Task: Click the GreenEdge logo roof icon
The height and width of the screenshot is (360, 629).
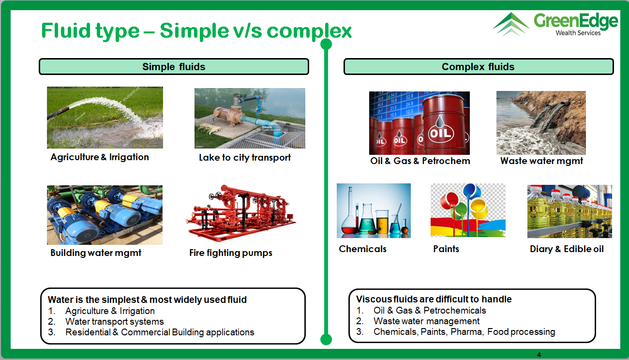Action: pyautogui.click(x=511, y=24)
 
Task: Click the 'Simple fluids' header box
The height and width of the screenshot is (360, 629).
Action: pyautogui.click(x=174, y=67)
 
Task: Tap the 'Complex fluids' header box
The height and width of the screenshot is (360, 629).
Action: pyautogui.click(x=479, y=67)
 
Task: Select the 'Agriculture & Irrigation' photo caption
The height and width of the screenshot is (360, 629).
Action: pyautogui.click(x=100, y=157)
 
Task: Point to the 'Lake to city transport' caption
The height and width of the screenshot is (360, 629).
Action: pyautogui.click(x=245, y=158)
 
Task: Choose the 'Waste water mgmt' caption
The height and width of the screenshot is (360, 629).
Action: pyautogui.click(x=542, y=161)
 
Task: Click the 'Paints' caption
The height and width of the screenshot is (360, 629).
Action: pyautogui.click(x=446, y=249)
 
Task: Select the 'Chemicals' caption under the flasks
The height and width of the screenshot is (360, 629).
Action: pyautogui.click(x=362, y=249)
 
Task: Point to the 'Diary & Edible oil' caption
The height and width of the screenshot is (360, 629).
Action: pyautogui.click(x=567, y=249)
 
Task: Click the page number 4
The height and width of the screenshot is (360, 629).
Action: pyautogui.click(x=539, y=355)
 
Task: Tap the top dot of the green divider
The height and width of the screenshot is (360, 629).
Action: pyautogui.click(x=326, y=44)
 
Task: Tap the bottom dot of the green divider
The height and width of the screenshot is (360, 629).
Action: pyautogui.click(x=326, y=339)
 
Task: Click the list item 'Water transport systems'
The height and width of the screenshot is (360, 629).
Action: pyautogui.click(x=115, y=321)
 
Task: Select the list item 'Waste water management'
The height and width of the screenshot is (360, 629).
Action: pyautogui.click(x=426, y=321)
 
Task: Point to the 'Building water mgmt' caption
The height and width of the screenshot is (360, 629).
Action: pyautogui.click(x=96, y=253)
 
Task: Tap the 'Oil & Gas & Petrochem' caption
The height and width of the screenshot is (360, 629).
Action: pyautogui.click(x=420, y=161)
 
